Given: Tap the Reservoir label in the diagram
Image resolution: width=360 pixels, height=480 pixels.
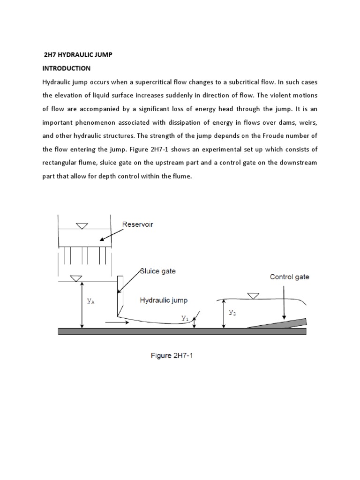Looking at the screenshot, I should coord(137,225).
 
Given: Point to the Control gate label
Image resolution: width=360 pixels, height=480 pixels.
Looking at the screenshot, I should coord(289,277).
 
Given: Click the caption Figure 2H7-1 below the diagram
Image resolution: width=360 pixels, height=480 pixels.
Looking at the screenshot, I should coord(172,356).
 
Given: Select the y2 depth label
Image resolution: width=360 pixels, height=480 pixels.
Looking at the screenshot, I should coord(232,312).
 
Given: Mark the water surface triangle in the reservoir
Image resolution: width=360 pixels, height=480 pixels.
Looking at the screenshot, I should coord(82,226).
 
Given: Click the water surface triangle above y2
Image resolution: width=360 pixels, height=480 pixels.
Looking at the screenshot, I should coord(253,295).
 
